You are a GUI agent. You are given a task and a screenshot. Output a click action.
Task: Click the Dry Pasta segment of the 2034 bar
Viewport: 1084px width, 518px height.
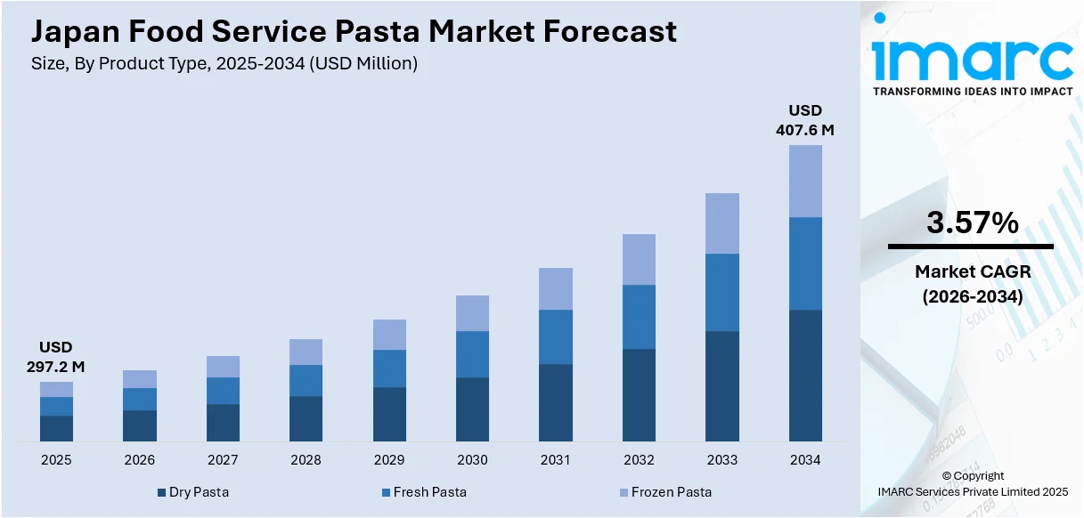pos(805,375)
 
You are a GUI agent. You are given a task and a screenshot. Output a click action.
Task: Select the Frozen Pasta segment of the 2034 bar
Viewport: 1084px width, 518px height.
pos(805,181)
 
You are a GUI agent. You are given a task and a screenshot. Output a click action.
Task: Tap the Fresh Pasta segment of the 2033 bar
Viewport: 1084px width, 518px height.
pos(722,292)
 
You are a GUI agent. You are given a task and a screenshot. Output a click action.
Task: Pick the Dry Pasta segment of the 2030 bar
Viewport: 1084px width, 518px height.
pos(472,409)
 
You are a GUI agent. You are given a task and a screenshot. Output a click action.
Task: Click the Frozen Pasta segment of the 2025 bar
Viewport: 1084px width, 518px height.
pos(56,389)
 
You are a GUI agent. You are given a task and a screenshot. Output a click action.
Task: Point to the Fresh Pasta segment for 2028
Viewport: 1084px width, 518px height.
pos(306,380)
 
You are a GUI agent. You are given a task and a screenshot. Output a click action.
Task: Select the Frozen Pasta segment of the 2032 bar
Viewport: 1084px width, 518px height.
pos(639,259)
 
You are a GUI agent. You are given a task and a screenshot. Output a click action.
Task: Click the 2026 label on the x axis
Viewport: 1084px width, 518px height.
pos(139,460)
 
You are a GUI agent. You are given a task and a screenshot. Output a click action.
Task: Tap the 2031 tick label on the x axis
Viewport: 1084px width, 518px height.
pos(556,460)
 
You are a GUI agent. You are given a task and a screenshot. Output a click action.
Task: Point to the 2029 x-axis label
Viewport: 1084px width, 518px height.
pos(389,460)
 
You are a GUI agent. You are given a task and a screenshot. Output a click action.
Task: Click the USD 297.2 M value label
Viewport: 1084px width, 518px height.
pos(56,357)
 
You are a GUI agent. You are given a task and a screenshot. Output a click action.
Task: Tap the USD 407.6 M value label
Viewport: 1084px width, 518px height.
pos(805,120)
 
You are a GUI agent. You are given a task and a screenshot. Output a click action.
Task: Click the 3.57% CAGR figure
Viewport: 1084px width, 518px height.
pos(972,223)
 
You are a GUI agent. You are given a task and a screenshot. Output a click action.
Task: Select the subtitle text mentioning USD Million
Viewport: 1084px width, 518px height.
pos(224,63)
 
